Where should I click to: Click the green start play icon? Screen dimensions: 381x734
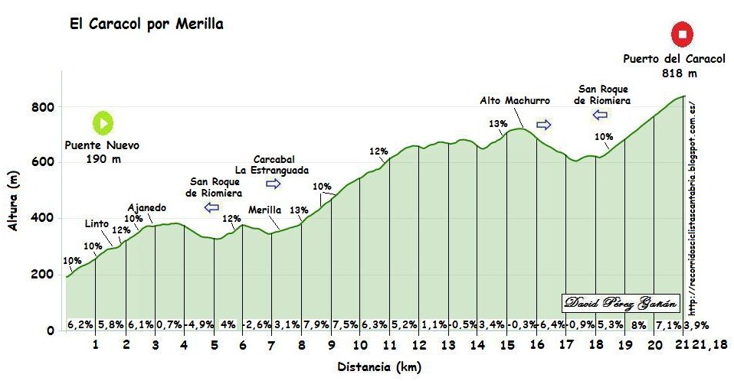click(103, 122)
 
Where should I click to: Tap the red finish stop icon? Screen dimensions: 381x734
click(682, 34)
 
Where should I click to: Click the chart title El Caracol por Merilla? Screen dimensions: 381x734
click(146, 24)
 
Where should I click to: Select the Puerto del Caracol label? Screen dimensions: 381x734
click(663, 59)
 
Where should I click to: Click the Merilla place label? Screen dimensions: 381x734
click(265, 210)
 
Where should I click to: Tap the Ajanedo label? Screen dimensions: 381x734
click(146, 207)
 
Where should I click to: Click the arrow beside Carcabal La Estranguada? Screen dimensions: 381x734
click(274, 184)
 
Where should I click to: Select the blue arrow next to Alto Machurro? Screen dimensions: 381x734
click(543, 124)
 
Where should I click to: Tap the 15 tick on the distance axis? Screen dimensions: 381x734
click(507, 346)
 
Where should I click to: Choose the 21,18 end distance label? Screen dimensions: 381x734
click(713, 346)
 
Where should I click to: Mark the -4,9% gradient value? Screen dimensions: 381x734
click(198, 324)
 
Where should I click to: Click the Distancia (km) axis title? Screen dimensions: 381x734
click(379, 367)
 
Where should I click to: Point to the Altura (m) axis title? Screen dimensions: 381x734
click(13, 201)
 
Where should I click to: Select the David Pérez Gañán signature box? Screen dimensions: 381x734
click(621, 304)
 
